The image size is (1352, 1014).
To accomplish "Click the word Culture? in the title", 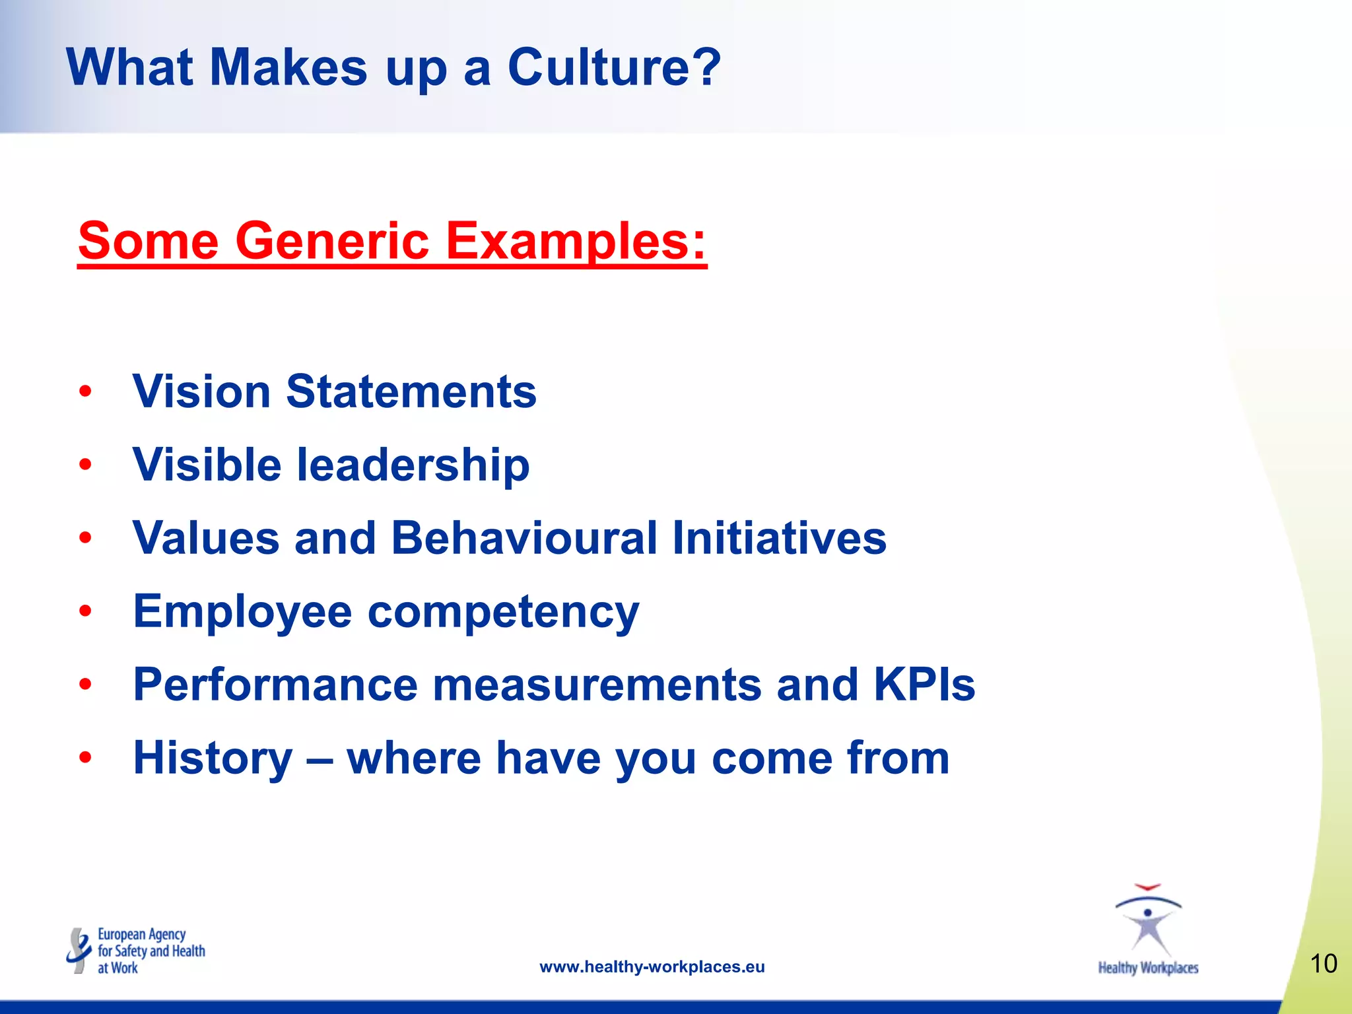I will (614, 67).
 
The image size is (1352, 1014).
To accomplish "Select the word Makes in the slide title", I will (288, 67).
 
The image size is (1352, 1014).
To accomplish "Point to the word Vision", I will (202, 391).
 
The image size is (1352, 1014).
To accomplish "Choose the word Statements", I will (411, 391).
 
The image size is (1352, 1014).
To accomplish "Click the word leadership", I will (413, 465).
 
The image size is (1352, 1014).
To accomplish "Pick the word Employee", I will (242, 612).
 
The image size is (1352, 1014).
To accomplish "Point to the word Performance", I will (275, 685).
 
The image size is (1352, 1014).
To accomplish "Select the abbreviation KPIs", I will (924, 685).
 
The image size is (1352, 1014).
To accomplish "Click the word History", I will (213, 759).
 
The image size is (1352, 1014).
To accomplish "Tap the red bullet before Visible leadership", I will (84, 465).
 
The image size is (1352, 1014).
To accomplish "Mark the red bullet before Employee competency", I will (84, 612).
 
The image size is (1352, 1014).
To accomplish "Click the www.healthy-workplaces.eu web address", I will (652, 967).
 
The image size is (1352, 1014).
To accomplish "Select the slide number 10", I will (1323, 964).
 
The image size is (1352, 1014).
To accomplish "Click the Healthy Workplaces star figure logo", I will (1148, 921).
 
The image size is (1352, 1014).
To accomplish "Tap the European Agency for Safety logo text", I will (151, 951).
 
